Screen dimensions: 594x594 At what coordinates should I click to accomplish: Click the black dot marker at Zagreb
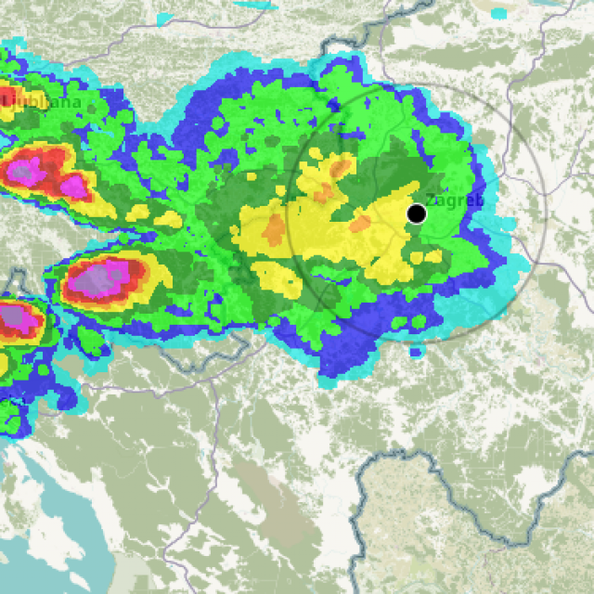click(417, 213)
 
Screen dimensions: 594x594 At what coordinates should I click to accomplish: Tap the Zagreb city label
click(455, 200)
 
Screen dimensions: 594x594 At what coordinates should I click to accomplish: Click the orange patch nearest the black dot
click(360, 224)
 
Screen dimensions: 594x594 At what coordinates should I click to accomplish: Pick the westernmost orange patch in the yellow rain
click(274, 228)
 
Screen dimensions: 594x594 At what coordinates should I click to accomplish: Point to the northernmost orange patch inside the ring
click(342, 167)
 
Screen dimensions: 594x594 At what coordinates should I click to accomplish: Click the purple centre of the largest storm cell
click(97, 279)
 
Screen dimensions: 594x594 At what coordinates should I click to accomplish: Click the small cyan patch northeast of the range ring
click(498, 14)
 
